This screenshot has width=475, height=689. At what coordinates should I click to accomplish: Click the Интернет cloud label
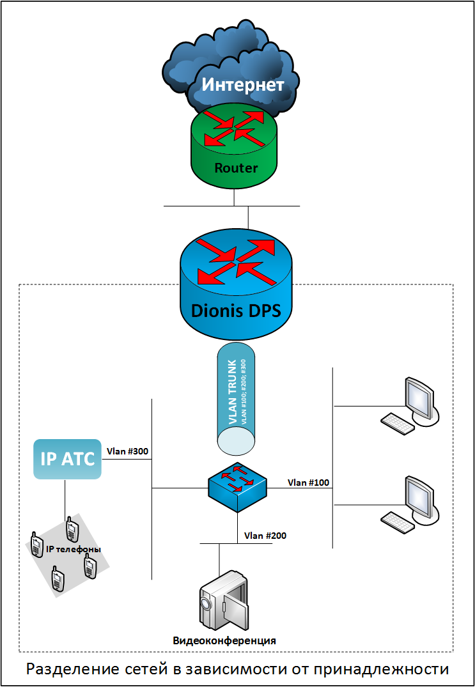click(243, 84)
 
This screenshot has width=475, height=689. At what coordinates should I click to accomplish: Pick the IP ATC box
click(68, 458)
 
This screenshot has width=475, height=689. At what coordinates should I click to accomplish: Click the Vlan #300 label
click(128, 451)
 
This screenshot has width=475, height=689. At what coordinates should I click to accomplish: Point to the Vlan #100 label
click(308, 482)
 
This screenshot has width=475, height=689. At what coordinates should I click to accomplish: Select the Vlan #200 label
click(265, 536)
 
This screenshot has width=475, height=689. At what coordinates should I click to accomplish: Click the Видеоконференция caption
click(224, 640)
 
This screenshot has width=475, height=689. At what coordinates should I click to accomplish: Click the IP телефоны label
click(74, 549)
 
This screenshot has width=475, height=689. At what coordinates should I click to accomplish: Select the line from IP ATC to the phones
click(65, 499)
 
